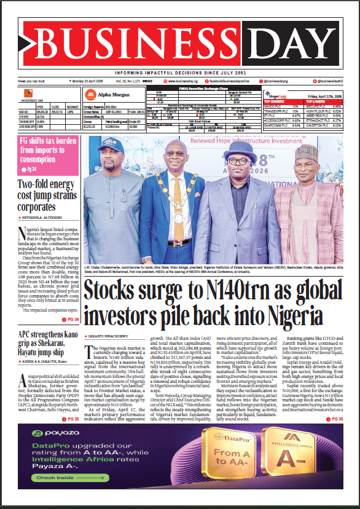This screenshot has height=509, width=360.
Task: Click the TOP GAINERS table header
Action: coord(278,101)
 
